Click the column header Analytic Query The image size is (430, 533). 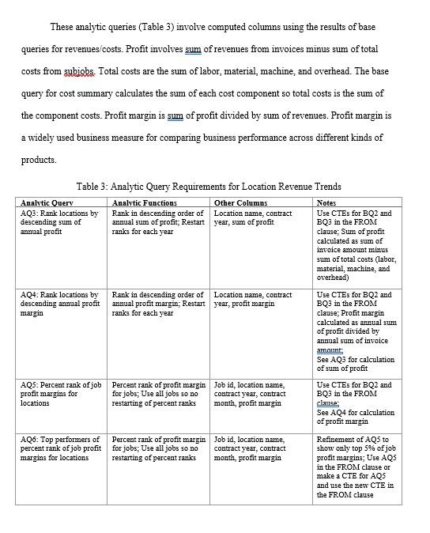pyautogui.click(x=45, y=203)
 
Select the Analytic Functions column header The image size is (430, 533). pyautogui.click(x=145, y=203)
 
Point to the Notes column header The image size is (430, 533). pyautogui.click(x=326, y=203)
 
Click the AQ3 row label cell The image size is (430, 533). pyautogui.click(x=60, y=222)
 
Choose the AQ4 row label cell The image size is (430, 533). pyautogui.click(x=60, y=304)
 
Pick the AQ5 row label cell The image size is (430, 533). pyautogui.click(x=60, y=394)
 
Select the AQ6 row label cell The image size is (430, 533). pyautogui.click(x=60, y=448)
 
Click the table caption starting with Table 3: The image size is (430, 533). pyautogui.click(x=209, y=187)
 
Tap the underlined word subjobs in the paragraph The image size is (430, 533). pyautogui.click(x=78, y=71)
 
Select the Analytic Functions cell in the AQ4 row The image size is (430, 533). pyautogui.click(x=158, y=304)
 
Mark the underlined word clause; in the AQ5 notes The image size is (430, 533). pyautogui.click(x=328, y=403)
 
